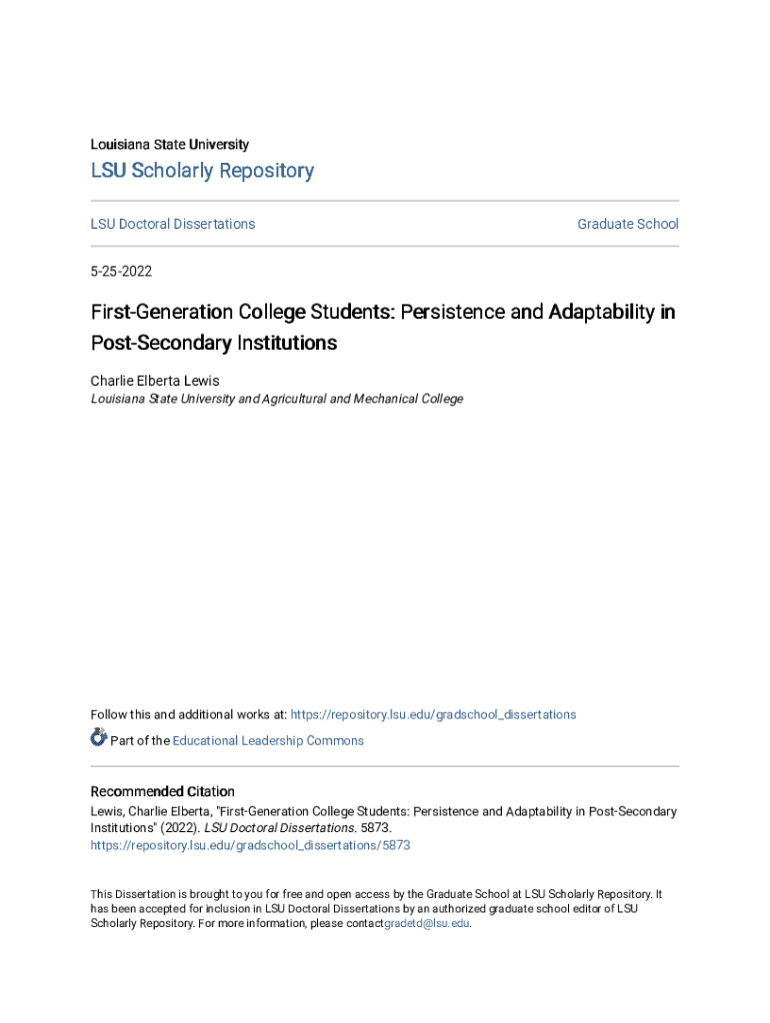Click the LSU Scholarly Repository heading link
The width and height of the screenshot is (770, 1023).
click(x=202, y=171)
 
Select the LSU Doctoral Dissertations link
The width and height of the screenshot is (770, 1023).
click(x=173, y=224)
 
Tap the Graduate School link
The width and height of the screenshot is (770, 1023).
click(x=627, y=224)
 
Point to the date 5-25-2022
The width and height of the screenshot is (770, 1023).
click(x=121, y=271)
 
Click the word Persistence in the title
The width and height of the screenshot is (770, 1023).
click(x=452, y=312)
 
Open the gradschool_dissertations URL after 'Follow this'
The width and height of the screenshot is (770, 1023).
click(x=433, y=714)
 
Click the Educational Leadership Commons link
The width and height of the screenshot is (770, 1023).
click(x=268, y=740)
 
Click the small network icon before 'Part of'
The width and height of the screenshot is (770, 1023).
click(x=98, y=738)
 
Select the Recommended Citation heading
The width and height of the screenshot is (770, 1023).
click(x=162, y=791)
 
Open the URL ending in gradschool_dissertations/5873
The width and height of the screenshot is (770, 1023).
click(x=250, y=845)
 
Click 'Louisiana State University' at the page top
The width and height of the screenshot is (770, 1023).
click(x=170, y=144)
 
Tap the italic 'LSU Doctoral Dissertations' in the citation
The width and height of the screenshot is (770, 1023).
click(x=279, y=828)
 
